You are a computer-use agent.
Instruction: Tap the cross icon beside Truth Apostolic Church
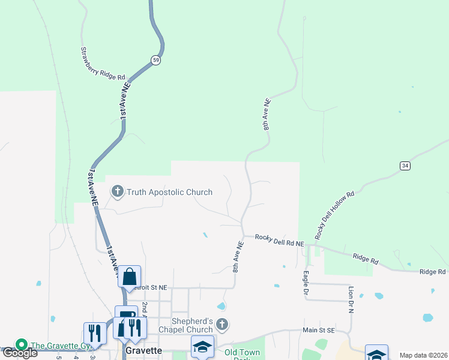click(x=117, y=191)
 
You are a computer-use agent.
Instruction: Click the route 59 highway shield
click(x=156, y=60)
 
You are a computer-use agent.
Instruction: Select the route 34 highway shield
click(x=406, y=165)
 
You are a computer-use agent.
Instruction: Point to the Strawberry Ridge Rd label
click(x=103, y=64)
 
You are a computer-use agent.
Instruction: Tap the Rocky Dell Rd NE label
click(x=279, y=239)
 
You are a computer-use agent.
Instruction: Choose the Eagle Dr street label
click(x=306, y=282)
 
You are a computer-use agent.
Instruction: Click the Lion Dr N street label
click(x=351, y=301)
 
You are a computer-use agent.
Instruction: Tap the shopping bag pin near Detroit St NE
click(x=129, y=277)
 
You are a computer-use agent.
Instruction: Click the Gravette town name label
click(x=143, y=350)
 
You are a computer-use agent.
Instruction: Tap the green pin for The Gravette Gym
click(x=22, y=345)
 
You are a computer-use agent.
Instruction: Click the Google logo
click(x=19, y=353)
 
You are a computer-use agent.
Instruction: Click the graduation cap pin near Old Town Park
click(x=202, y=346)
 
